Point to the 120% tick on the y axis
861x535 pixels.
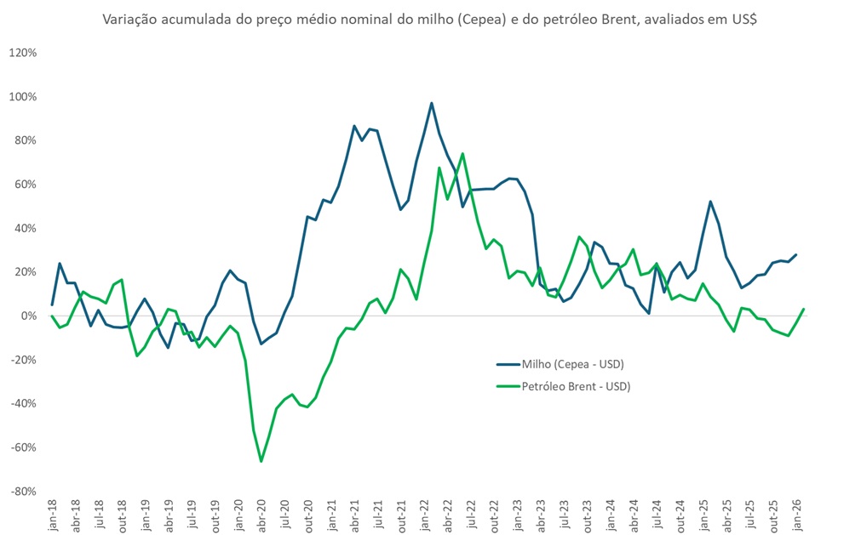[x=22, y=53]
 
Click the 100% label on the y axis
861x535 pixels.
[x=22, y=97]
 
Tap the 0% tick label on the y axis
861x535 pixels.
[x=28, y=316]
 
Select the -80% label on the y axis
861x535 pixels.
[x=22, y=492]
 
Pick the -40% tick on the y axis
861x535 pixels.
[x=22, y=404]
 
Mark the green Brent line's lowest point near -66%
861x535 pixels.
[x=261, y=461]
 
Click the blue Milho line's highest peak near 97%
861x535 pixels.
[x=432, y=103]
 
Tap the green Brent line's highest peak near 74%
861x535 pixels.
[x=462, y=154]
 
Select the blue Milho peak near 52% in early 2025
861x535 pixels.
[x=710, y=202]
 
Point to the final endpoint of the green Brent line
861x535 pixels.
[x=804, y=309]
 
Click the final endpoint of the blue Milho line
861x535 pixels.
[x=796, y=254]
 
